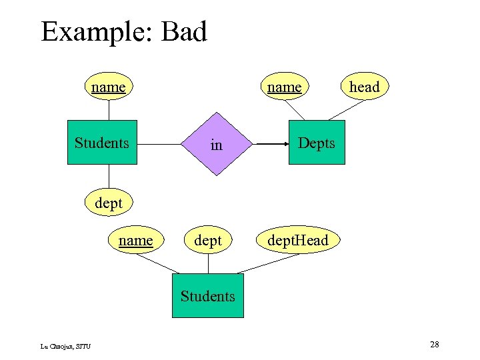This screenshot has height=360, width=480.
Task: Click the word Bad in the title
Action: pyautogui.click(x=181, y=32)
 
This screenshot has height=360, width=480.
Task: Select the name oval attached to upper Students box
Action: pyautogui.click(x=108, y=87)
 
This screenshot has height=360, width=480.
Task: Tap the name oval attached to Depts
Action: pyautogui.click(x=284, y=87)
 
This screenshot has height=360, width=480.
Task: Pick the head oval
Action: pyautogui.click(x=364, y=87)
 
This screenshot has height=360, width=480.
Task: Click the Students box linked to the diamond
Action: pyautogui.click(x=102, y=142)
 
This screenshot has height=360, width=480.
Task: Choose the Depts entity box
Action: pyautogui.click(x=317, y=143)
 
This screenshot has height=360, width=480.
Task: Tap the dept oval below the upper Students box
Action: pyautogui.click(x=108, y=203)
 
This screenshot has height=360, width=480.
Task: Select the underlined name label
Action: pyautogui.click(x=135, y=240)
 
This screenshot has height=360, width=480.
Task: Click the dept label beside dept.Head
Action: pyautogui.click(x=207, y=240)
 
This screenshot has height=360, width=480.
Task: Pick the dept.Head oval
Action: pyautogui.click(x=297, y=240)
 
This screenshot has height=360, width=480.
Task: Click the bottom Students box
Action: pyautogui.click(x=207, y=295)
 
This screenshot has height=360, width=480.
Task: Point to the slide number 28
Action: pyautogui.click(x=434, y=344)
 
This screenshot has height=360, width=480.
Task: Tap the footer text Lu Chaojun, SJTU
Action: pyautogui.click(x=65, y=345)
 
